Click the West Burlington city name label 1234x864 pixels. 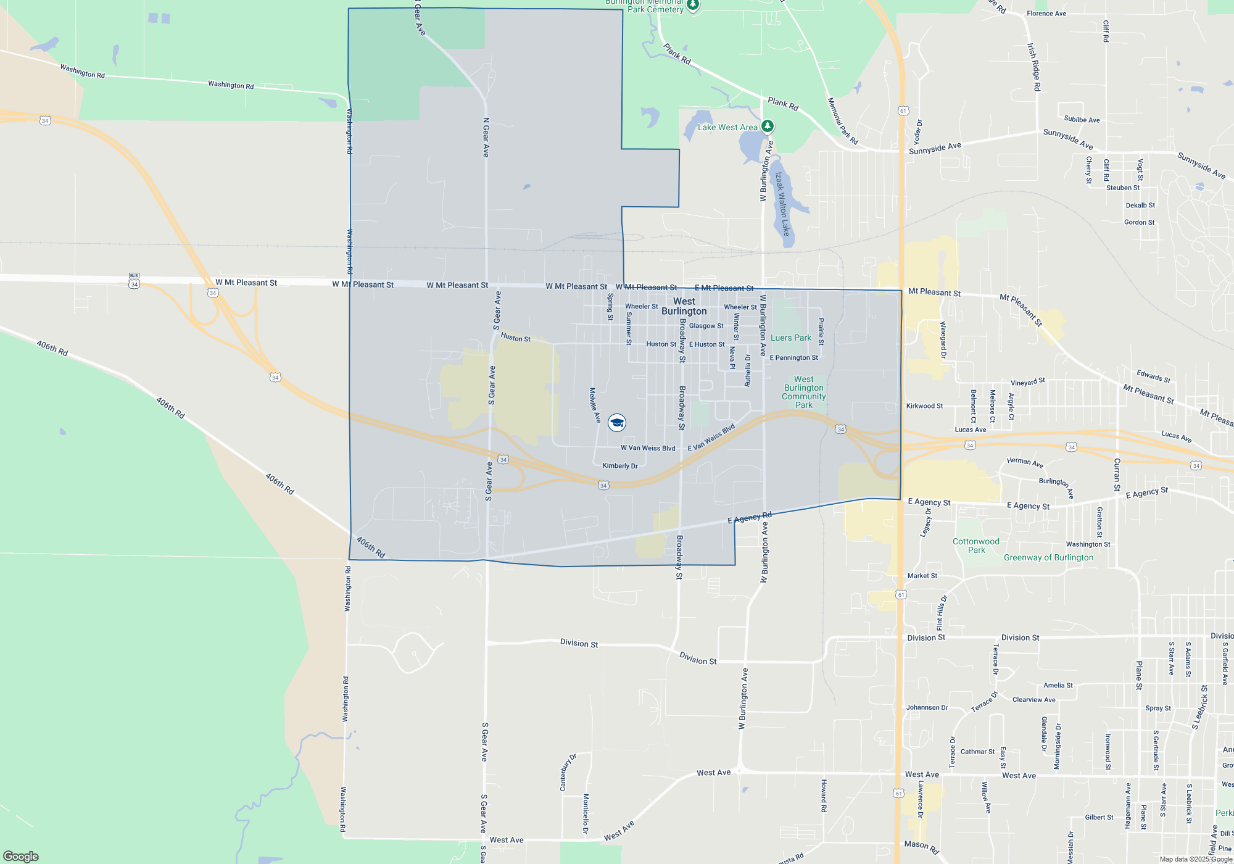tap(684, 306)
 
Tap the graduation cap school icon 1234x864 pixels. tap(616, 422)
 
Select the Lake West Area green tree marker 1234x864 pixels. tap(767, 127)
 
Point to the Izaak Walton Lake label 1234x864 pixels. tap(782, 204)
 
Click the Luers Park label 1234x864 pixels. tap(790, 338)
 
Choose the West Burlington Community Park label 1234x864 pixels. tap(803, 392)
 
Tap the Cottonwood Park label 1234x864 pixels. tap(975, 546)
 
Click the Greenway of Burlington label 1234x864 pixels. tap(1048, 557)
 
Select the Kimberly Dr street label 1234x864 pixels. tap(619, 466)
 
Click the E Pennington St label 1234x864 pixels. tap(793, 357)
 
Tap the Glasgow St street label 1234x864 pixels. tap(706, 326)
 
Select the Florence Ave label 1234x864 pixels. tap(1046, 14)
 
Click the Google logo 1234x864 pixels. tap(21, 856)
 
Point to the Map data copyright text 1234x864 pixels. tap(1195, 859)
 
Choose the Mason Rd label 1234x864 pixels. tap(921, 847)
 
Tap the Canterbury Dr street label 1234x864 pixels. tap(567, 772)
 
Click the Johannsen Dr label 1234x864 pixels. tap(927, 707)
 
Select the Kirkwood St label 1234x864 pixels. tap(924, 405)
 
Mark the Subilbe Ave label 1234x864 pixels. tap(1082, 120)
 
